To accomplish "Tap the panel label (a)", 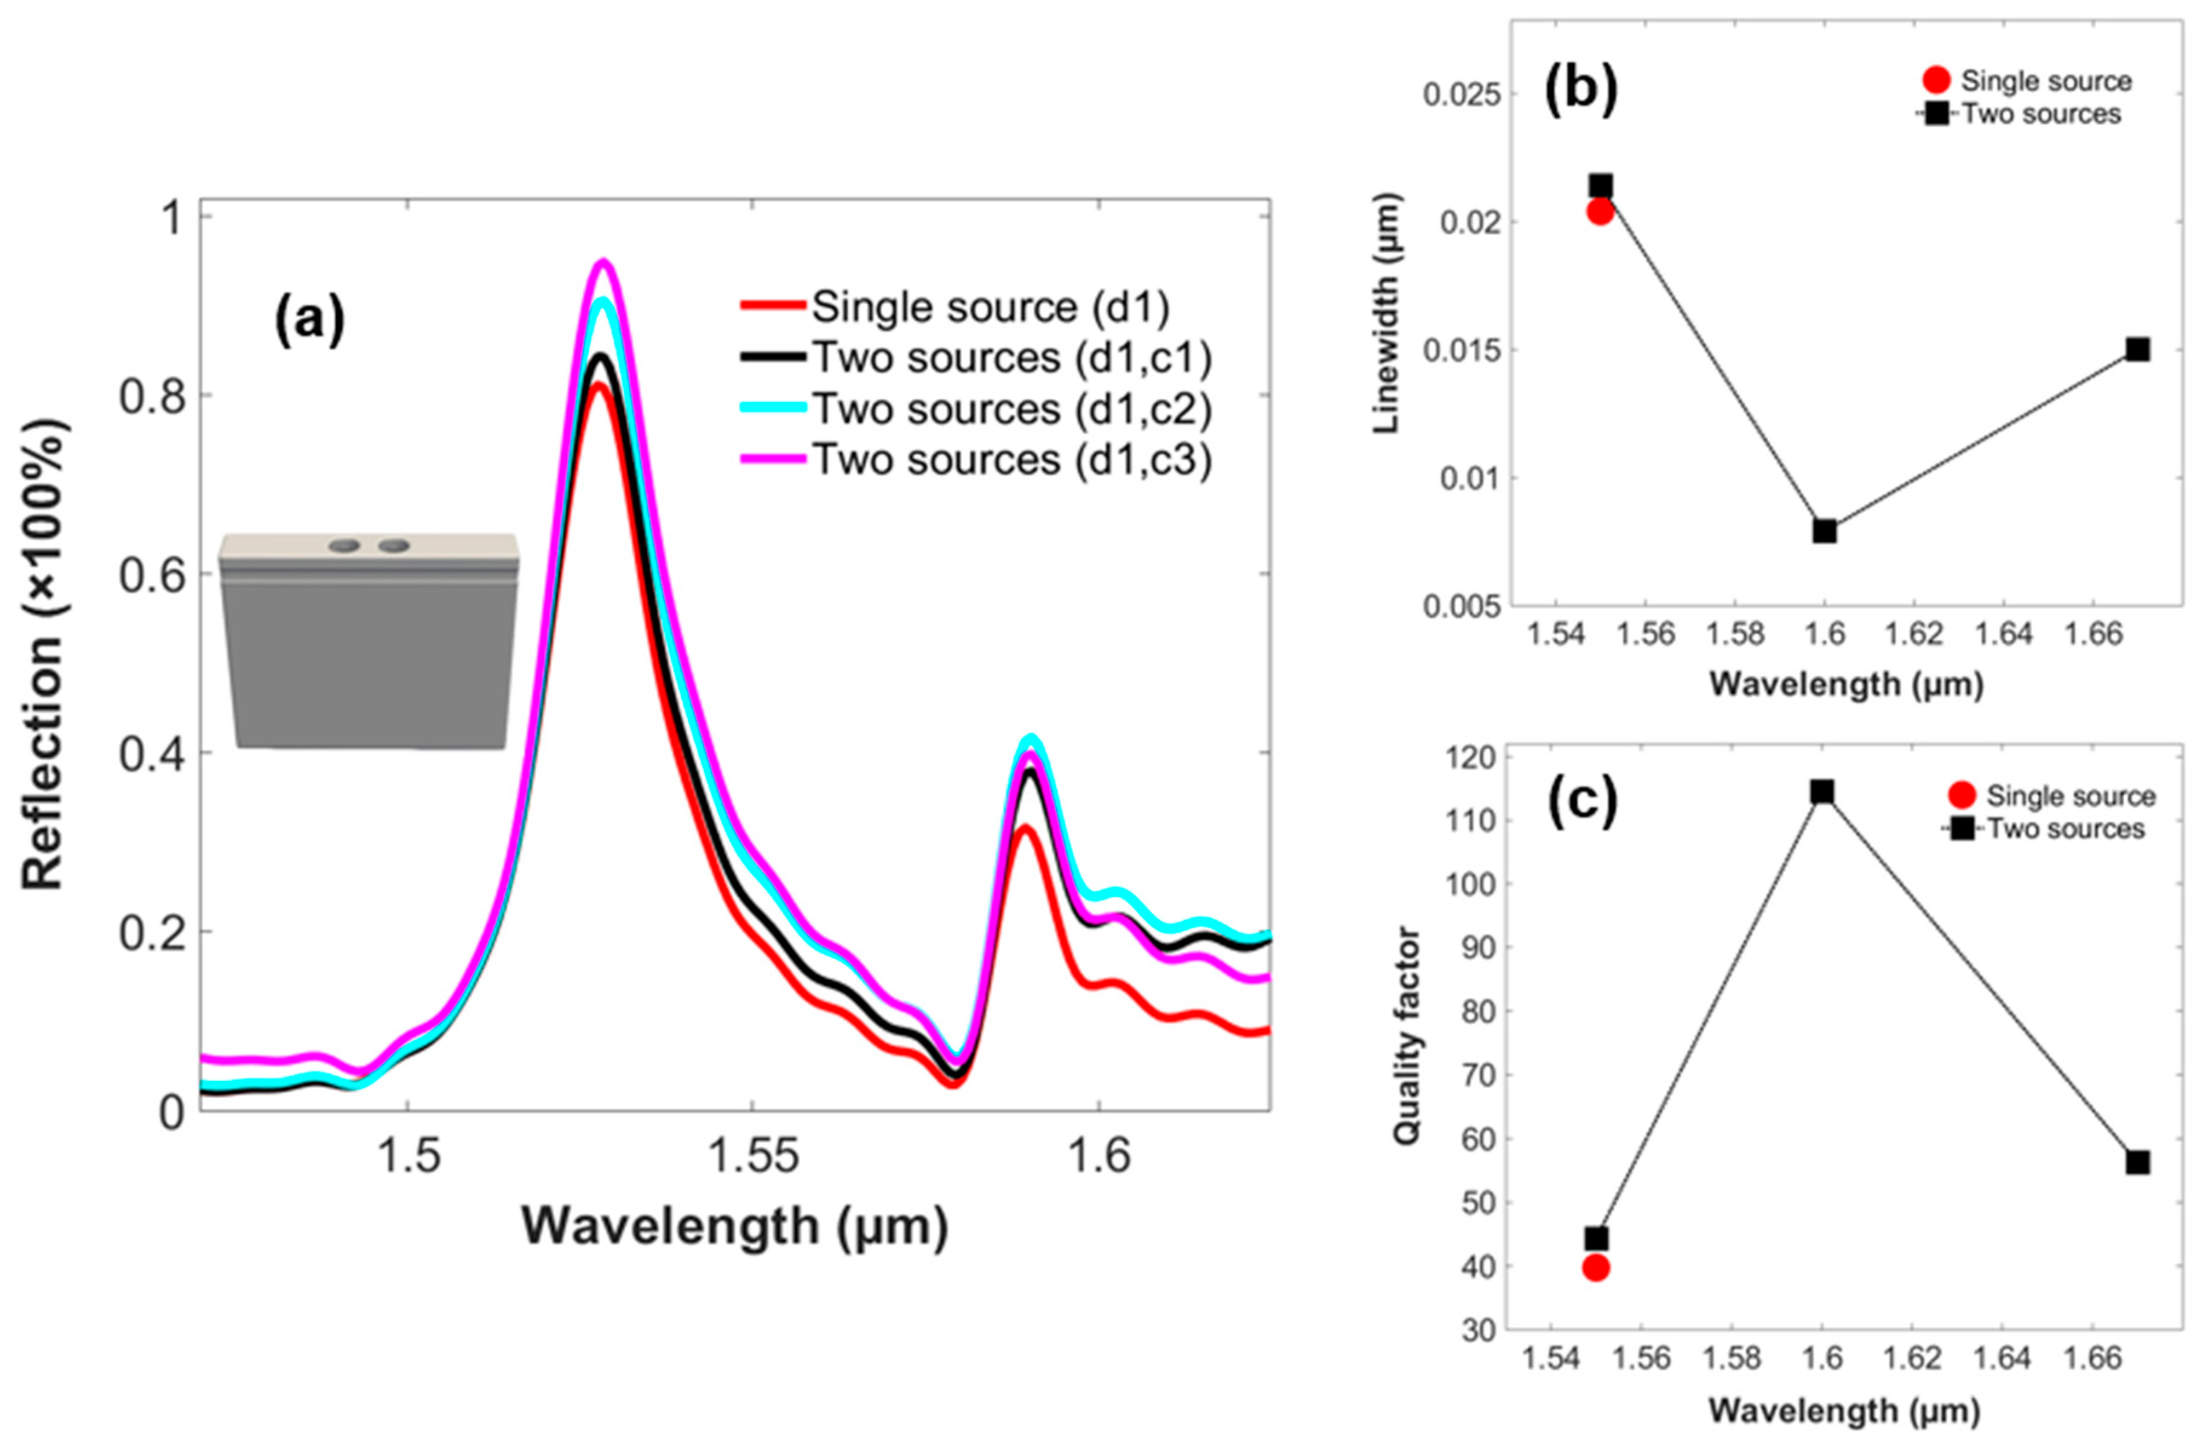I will [x=309, y=320].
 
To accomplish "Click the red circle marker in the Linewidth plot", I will [x=1600, y=212].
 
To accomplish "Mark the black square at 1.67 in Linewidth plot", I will [x=2137, y=349].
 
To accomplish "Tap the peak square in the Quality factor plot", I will [x=1822, y=791].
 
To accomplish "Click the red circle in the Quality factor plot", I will [x=1596, y=1267].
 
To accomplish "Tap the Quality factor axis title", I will [x=1406, y=1035].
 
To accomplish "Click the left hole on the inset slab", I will [x=344, y=546].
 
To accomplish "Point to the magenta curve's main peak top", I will [x=603, y=262].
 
